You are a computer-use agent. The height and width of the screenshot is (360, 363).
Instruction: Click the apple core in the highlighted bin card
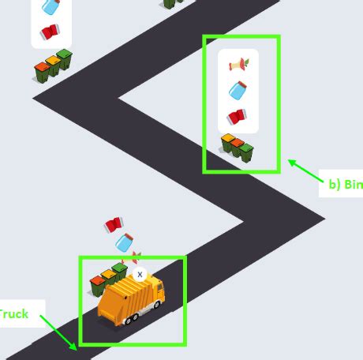pyautogui.click(x=238, y=64)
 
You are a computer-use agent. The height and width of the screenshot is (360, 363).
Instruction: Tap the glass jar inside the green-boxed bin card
pyautogui.click(x=238, y=90)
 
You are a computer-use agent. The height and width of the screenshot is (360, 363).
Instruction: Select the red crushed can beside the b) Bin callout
pyautogui.click(x=237, y=116)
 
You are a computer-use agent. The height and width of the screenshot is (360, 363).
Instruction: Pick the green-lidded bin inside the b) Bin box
pyautogui.click(x=246, y=150)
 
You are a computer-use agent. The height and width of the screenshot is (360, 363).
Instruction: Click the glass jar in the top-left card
pyautogui.click(x=51, y=7)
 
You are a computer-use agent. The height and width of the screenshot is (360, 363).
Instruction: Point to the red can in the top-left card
pyautogui.click(x=49, y=32)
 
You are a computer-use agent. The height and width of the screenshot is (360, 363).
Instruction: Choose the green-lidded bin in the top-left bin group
pyautogui.click(x=64, y=61)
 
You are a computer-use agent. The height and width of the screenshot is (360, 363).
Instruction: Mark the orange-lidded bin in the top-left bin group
pyautogui.click(x=43, y=71)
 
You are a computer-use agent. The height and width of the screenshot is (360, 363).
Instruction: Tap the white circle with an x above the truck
pyautogui.click(x=140, y=274)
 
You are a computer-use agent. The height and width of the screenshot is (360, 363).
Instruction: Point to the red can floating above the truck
pyautogui.click(x=113, y=224)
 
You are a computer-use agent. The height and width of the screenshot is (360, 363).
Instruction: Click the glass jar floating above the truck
pyautogui.click(x=122, y=242)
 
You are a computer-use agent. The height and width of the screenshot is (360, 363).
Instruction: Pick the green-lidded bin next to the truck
pyautogui.click(x=119, y=271)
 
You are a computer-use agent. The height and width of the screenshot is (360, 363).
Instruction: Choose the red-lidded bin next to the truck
pyautogui.click(x=98, y=283)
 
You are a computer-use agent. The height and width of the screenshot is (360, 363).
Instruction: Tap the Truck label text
pyautogui.click(x=13, y=314)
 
